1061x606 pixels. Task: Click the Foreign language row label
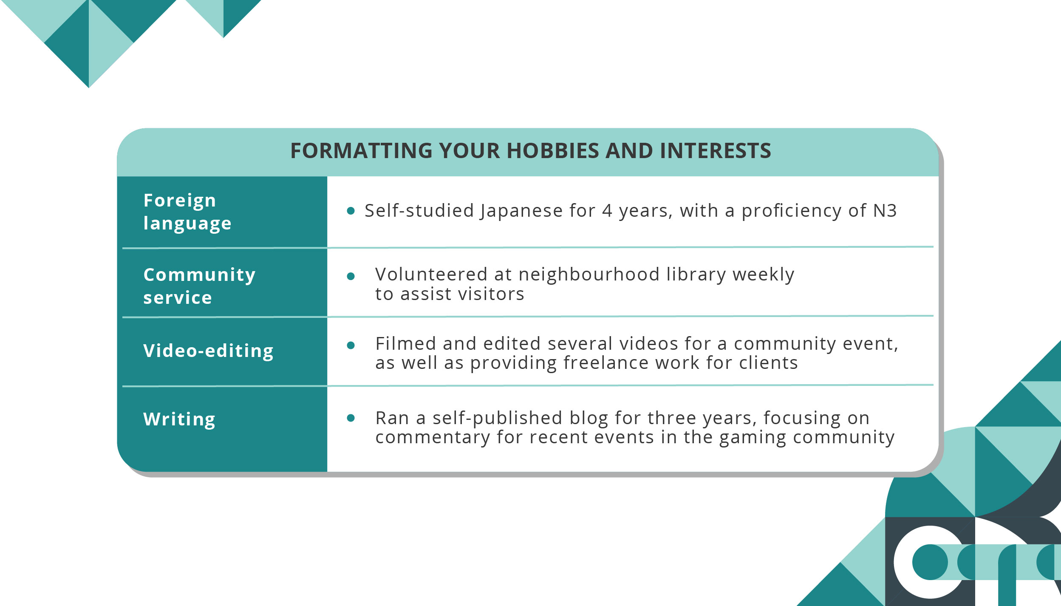coord(187,212)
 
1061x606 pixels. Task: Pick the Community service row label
coord(199,286)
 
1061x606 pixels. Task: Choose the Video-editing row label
coord(208,351)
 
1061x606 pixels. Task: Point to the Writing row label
coord(179,419)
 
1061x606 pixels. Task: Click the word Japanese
coord(522,211)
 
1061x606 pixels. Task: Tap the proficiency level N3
coord(885,211)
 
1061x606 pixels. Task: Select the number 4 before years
coord(607,211)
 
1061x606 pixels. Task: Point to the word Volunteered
coord(431,275)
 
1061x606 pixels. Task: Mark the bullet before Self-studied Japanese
coord(351,211)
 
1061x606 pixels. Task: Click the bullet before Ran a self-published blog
coord(351,418)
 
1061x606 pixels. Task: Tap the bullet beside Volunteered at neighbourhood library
coord(351,277)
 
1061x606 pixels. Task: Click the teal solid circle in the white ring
coord(930,562)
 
